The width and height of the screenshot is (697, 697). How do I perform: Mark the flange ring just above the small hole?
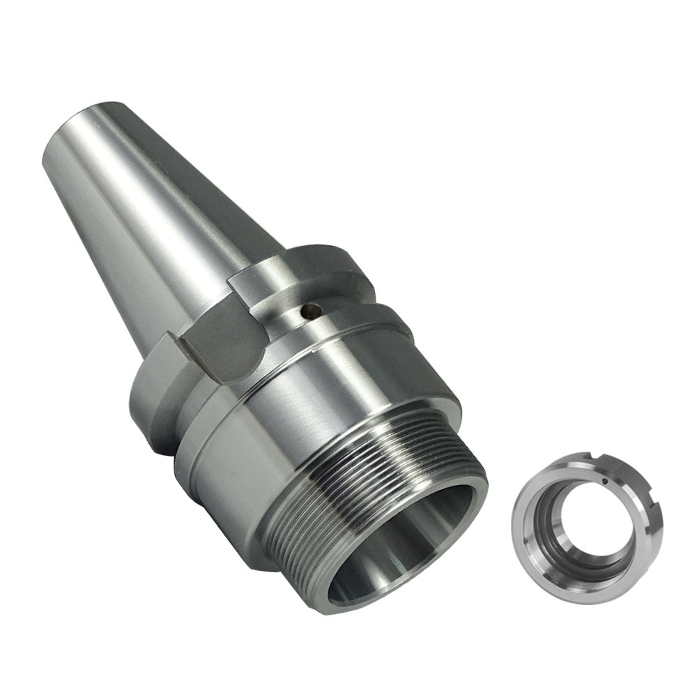coord(293,275)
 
